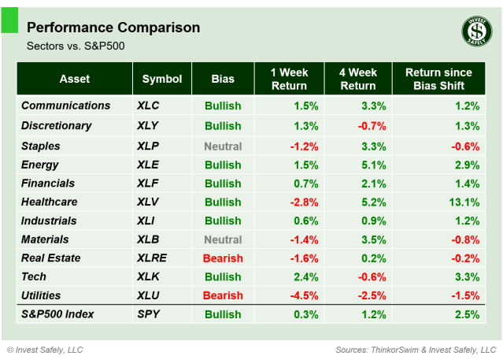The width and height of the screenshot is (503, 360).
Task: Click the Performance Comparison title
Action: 113,28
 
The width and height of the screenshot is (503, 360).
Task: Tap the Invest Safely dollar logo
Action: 476,32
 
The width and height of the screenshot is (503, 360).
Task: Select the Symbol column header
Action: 162,79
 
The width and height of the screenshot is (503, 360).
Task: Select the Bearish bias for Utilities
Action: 223,295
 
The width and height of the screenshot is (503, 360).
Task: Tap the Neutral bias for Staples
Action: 223,146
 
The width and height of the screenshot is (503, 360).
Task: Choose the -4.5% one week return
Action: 303,295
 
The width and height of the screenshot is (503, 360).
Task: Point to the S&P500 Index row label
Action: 57,314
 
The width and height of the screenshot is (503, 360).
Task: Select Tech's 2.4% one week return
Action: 305,276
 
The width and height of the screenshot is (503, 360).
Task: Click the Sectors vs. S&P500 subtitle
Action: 76,46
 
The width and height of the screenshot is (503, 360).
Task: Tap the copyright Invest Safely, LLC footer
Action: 45,349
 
